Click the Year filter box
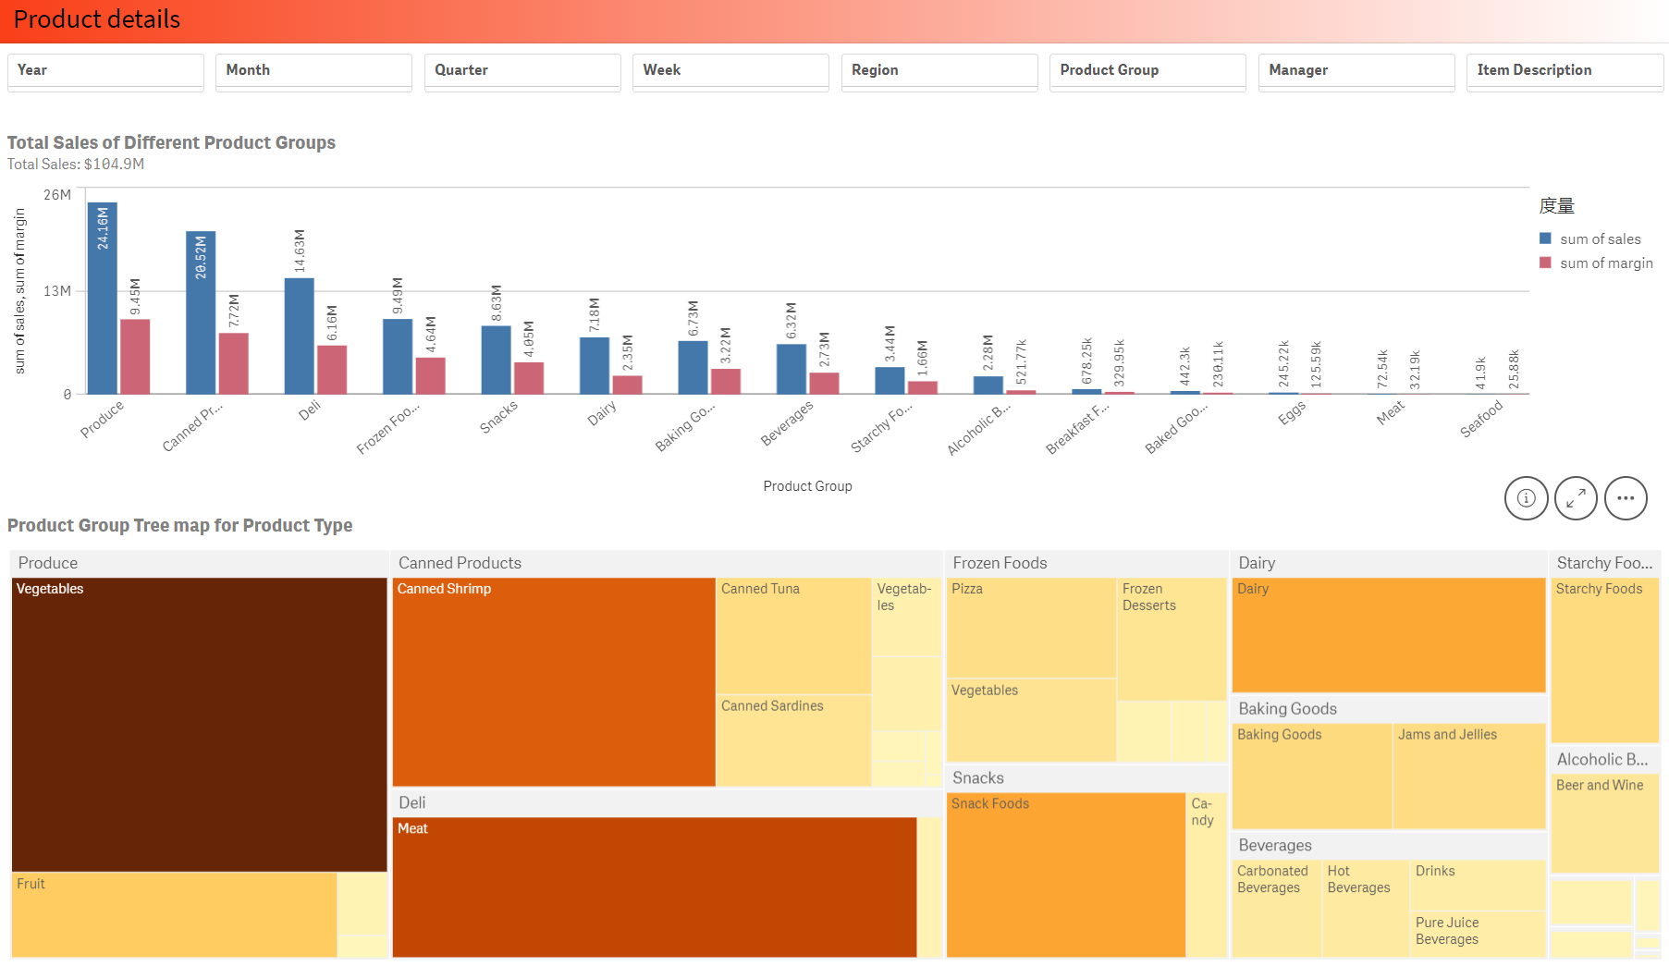point(105,71)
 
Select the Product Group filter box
point(1147,71)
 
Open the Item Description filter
point(1565,71)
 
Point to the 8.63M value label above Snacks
point(497,303)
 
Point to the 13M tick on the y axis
point(57,291)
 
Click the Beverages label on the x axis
point(787,423)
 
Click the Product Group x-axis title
point(807,486)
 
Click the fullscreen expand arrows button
point(1576,498)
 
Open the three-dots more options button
point(1626,498)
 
